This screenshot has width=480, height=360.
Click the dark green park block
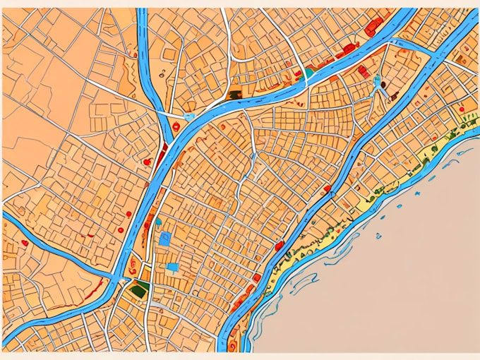[x=141, y=288]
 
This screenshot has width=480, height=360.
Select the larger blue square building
[x=165, y=239]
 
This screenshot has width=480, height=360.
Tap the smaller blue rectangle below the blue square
[x=173, y=267]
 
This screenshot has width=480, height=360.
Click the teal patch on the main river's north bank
[x=309, y=72]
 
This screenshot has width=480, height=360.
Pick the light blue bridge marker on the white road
[x=188, y=115]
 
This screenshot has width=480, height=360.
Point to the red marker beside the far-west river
[x=25, y=243]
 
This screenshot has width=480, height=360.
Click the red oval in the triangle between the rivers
[x=147, y=162]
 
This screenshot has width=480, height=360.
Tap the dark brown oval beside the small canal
[x=383, y=84]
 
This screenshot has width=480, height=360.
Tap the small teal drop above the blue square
[x=158, y=221]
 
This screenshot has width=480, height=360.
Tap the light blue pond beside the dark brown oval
[x=377, y=79]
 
